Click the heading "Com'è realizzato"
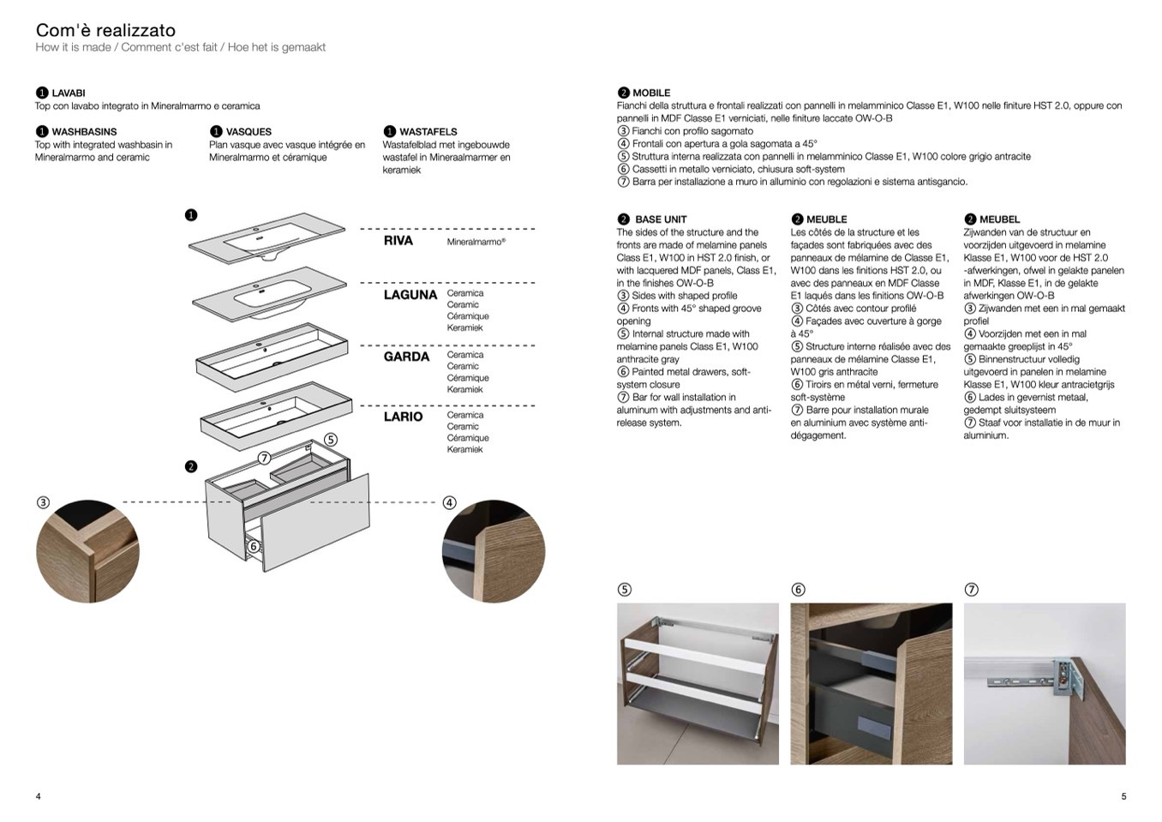click(105, 31)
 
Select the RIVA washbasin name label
click(398, 241)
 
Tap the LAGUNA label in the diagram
click(410, 295)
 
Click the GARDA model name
click(406, 357)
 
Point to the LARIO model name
click(403, 417)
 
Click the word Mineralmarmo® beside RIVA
click(476, 242)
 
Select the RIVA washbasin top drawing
click(267, 237)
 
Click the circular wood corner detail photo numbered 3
click(87, 551)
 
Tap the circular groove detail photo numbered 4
click(493, 551)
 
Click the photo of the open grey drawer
click(871, 683)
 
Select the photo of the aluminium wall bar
click(1044, 683)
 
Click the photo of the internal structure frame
click(698, 683)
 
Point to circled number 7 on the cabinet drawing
click(265, 458)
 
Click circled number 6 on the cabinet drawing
click(254, 546)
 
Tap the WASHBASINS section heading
click(84, 132)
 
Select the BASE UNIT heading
click(661, 219)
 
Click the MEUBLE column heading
click(826, 219)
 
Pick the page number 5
click(1123, 796)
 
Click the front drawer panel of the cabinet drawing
click(315, 523)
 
